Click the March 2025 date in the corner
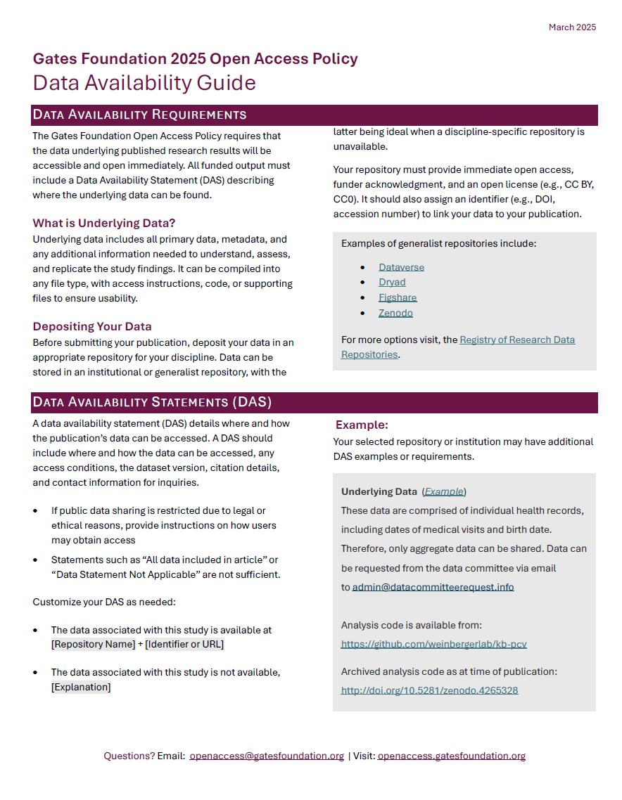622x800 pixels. coord(572,27)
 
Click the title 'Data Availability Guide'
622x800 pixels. coord(144,83)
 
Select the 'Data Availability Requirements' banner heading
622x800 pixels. coord(139,115)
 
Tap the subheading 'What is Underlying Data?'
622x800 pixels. coord(104,224)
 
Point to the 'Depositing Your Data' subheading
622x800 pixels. coord(92,327)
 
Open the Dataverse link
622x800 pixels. coord(401,267)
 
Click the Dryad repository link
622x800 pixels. coord(392,282)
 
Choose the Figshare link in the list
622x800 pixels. coord(398,297)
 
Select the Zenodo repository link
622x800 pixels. coord(395,313)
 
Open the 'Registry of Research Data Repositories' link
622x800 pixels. coord(516,340)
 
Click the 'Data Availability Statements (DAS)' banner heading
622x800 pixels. coord(152,402)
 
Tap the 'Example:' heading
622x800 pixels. coord(362,425)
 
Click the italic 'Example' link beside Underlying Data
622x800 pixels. coord(444,492)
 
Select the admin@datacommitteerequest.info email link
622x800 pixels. coord(433,587)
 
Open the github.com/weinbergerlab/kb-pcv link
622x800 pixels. coord(434,644)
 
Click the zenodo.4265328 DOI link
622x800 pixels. coord(430,690)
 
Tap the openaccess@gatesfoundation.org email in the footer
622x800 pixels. coord(267,756)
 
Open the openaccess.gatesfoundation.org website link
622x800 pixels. coord(451,756)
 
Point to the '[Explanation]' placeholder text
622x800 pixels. coord(81,687)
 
